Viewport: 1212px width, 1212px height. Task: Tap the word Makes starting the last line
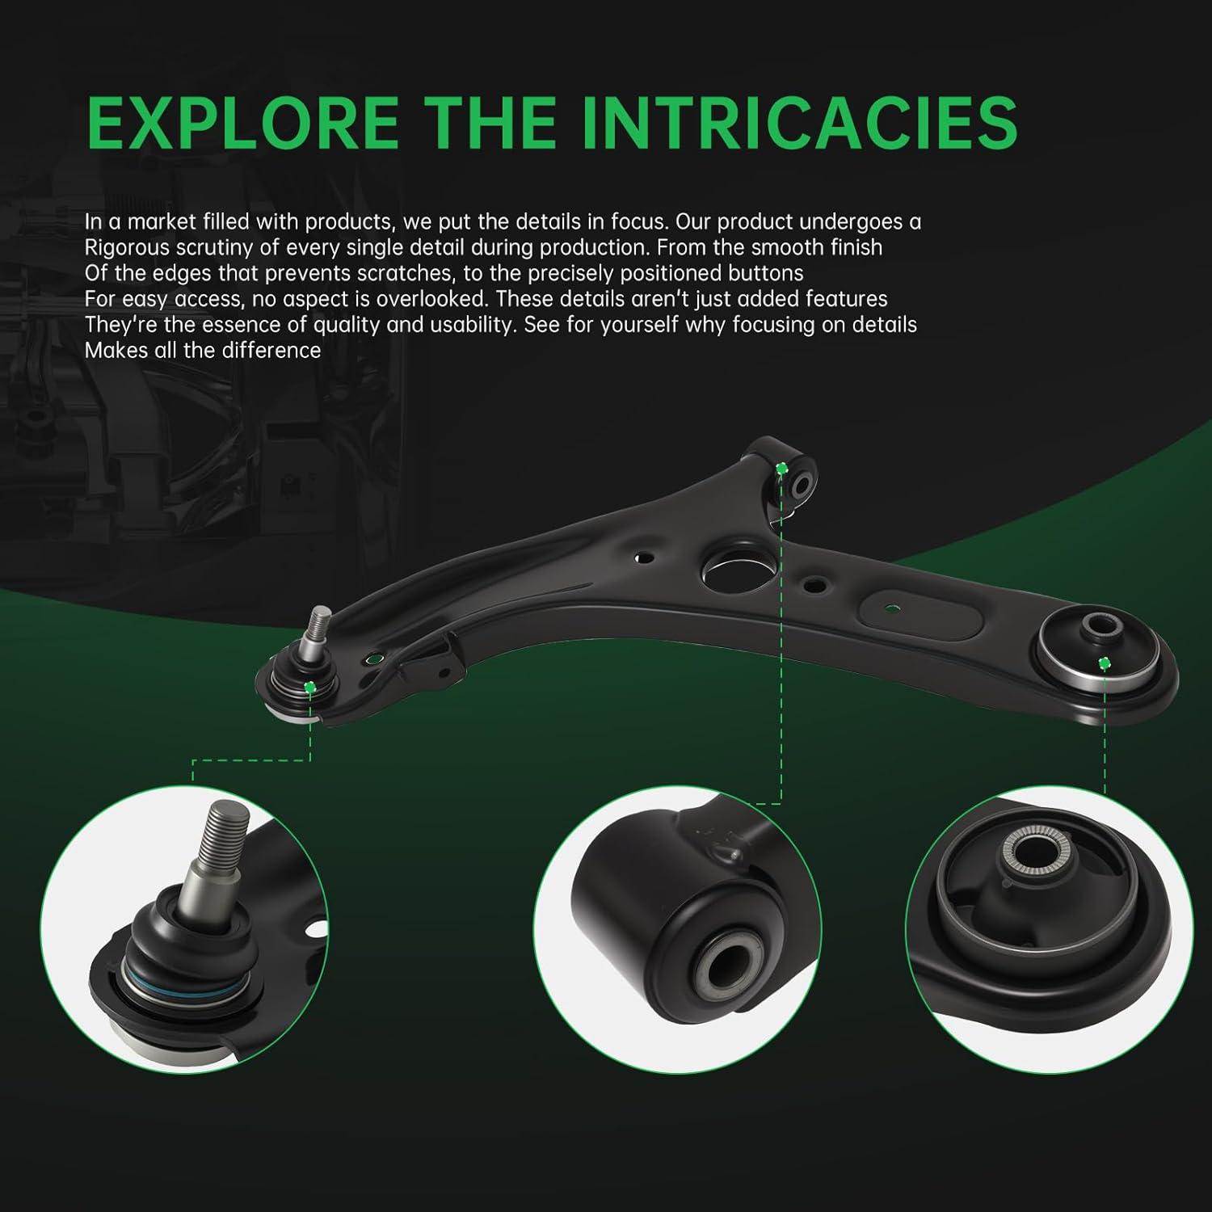[x=116, y=350]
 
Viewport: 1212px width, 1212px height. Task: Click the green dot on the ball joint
[x=309, y=687]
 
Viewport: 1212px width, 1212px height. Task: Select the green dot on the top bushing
[x=781, y=469]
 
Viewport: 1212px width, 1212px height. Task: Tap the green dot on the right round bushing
[x=1104, y=663]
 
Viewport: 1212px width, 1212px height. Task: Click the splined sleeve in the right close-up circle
[x=1027, y=854]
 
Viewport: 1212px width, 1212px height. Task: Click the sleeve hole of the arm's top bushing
[x=804, y=484]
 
